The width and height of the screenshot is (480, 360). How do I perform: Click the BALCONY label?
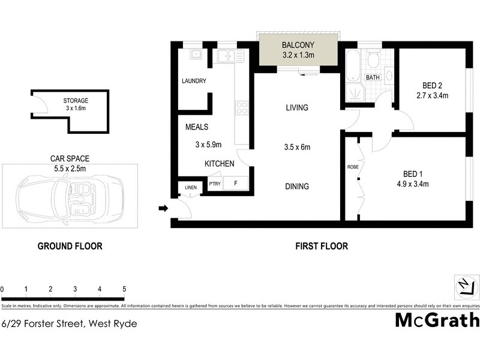[x=298, y=45]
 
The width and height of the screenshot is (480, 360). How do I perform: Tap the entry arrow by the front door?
[x=162, y=208]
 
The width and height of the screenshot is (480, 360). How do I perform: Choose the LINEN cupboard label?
[x=190, y=188]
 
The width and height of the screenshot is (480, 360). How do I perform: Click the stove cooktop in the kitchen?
[x=241, y=108]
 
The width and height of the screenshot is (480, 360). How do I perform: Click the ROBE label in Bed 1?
[x=352, y=167]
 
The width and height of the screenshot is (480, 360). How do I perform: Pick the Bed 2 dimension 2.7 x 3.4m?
[x=433, y=95]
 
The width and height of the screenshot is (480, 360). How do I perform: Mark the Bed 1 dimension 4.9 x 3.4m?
[x=413, y=184]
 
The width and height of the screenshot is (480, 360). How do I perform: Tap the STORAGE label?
[x=76, y=100]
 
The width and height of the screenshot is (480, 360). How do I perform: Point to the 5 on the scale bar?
[x=124, y=289]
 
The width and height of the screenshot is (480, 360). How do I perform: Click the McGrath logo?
[x=437, y=320]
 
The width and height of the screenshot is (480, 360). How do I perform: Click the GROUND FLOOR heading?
[x=70, y=246]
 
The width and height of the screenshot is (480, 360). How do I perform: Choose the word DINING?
[x=297, y=187]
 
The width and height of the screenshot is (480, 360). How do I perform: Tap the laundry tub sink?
[x=196, y=55]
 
